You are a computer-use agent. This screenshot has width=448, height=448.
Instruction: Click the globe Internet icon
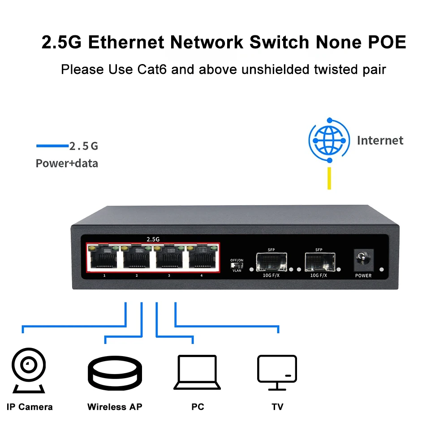pos(329,140)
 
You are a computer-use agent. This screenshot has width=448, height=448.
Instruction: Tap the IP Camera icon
pos(29,370)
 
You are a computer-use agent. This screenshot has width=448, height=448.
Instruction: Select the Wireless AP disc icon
pos(115,373)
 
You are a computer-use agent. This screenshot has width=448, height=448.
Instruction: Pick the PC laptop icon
pos(197,372)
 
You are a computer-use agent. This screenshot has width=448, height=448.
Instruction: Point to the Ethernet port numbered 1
pos(104,257)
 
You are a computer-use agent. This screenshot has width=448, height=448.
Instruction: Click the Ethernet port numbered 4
pos(202,257)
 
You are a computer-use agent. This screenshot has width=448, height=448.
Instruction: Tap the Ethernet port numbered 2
pos(136,257)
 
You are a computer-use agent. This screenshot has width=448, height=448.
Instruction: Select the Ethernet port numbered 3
pos(169,257)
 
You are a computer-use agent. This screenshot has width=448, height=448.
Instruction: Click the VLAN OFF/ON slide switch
pos(237,265)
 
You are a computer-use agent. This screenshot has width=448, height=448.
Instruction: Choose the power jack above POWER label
pos(363,260)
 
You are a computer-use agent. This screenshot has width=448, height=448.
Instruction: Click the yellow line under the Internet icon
pos(329,178)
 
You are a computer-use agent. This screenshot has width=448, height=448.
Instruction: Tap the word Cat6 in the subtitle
pos(152,69)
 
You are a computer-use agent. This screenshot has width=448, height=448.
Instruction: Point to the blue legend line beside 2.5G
pos(52,146)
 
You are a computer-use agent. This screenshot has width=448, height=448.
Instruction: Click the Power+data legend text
pos(67,164)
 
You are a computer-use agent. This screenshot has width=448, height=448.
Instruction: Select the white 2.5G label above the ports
pos(153,239)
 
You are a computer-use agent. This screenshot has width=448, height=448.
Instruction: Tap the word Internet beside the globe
pos(380,140)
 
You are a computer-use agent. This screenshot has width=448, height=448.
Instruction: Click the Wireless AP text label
pos(115,407)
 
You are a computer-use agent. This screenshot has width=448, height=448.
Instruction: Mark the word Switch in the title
pos(280,42)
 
